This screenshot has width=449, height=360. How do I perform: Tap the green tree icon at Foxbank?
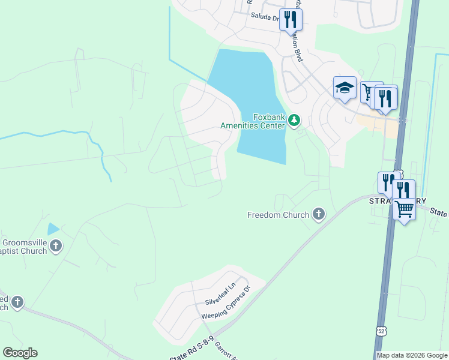click(294, 121)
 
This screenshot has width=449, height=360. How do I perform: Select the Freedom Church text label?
click(278, 214)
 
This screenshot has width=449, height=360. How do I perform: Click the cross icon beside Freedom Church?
click(319, 214)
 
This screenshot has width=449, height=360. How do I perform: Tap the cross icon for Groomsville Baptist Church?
click(56, 245)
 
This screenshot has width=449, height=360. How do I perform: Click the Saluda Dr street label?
click(265, 18)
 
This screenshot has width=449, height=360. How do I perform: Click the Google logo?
click(20, 353)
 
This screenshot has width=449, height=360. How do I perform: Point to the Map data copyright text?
click(412, 355)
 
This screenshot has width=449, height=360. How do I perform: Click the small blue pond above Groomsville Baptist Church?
click(53, 229)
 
